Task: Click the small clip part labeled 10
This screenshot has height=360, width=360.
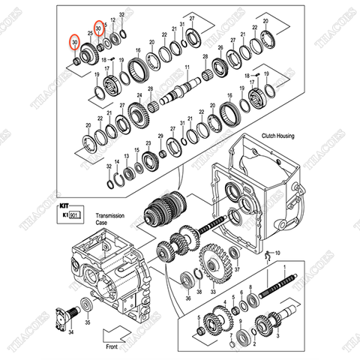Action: click(268, 257)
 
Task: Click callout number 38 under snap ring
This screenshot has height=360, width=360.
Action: click(199, 291)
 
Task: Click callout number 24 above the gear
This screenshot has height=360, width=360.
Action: click(139, 94)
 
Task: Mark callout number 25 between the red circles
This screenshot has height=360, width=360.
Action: click(90, 34)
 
